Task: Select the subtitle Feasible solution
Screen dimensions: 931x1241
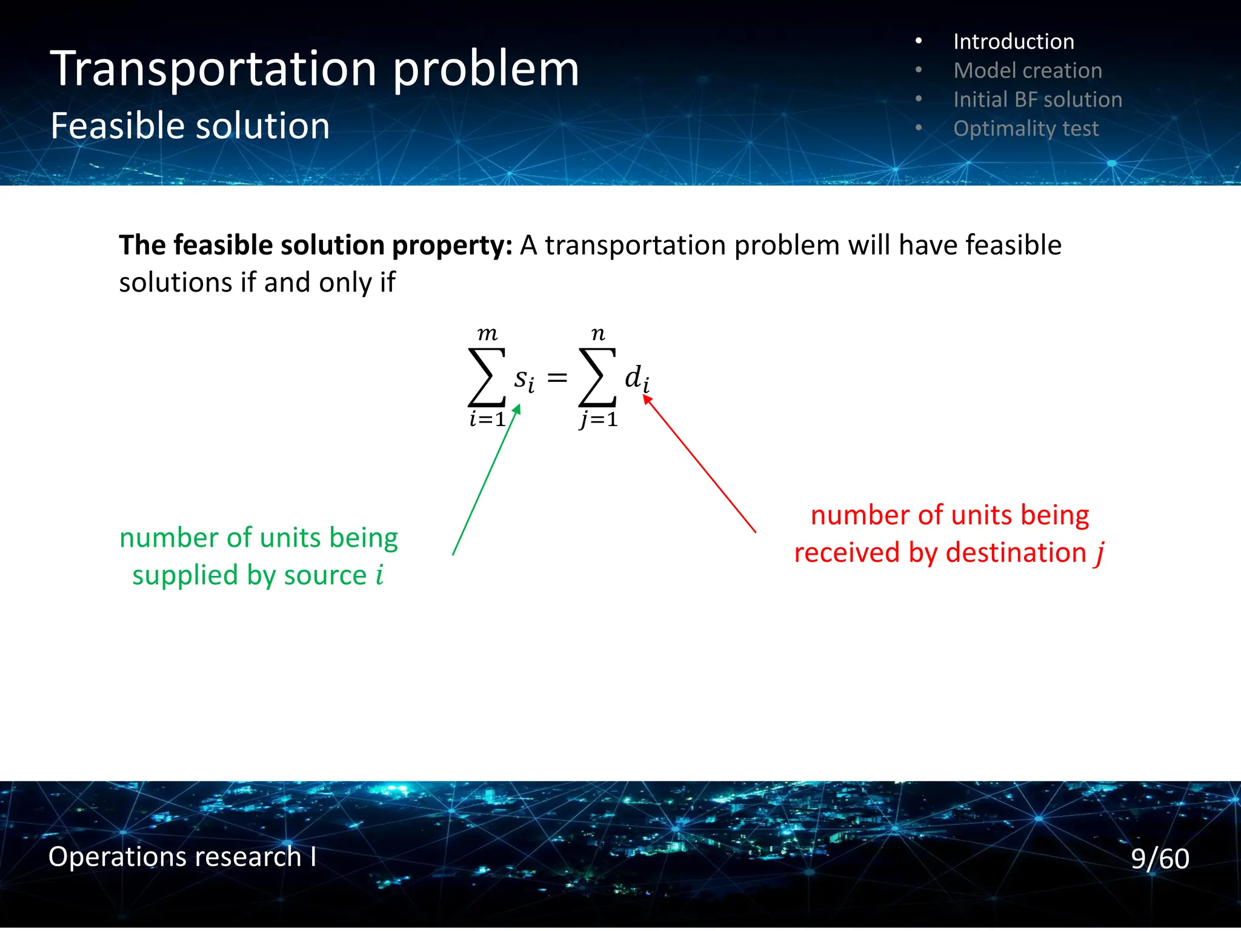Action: (190, 126)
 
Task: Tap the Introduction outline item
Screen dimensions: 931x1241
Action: (1013, 41)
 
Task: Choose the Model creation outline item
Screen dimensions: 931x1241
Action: (1027, 70)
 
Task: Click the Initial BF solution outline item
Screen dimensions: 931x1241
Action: (1037, 99)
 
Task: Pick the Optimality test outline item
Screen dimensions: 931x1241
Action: (1025, 128)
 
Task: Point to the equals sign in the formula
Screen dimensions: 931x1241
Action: (557, 379)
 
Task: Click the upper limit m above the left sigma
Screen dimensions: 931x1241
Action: (487, 333)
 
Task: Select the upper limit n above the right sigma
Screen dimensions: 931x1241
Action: (598, 334)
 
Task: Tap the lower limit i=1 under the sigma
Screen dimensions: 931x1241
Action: (487, 419)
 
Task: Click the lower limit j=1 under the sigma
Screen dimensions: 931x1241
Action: (599, 419)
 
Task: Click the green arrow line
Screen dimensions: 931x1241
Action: (485, 482)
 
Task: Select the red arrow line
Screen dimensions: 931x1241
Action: (700, 464)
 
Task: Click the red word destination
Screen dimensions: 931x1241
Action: (1016, 553)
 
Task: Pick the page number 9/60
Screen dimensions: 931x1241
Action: (1159, 858)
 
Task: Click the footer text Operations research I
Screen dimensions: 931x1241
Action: (182, 856)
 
